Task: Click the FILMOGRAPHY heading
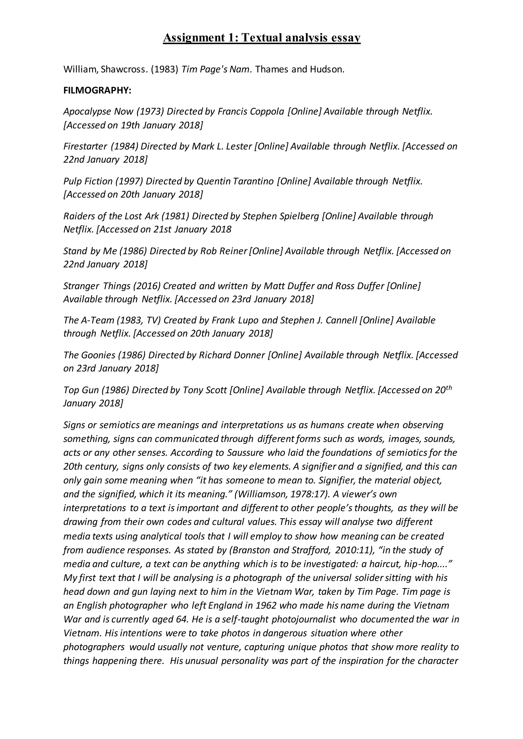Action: coord(97,91)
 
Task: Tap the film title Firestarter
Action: coord(85,146)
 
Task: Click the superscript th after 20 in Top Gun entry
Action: coord(448,388)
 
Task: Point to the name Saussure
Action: coord(245,453)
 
